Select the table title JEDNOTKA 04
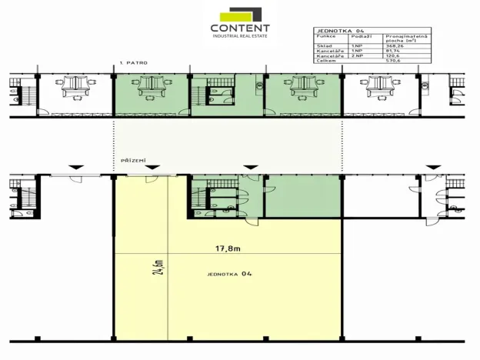[338, 30]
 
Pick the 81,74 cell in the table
[395, 51]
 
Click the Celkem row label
[324, 61]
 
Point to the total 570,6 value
[394, 61]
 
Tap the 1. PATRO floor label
[133, 62]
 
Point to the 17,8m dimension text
[228, 248]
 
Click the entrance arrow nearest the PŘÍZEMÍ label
[152, 166]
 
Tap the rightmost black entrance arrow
[433, 166]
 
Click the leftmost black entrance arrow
[74, 166]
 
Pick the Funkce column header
[325, 36]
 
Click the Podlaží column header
[360, 36]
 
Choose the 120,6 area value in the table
[395, 56]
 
